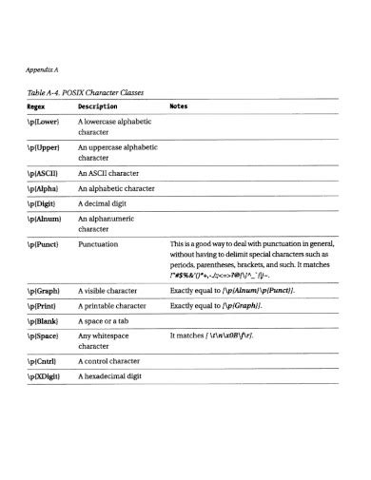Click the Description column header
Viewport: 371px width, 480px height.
[x=97, y=106]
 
